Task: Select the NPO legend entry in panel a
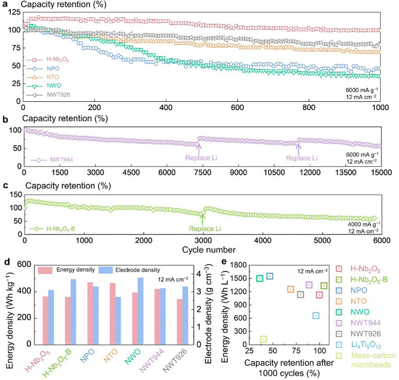pos(52,68)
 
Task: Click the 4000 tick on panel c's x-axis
pos(262,241)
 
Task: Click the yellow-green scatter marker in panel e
pos(263,339)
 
